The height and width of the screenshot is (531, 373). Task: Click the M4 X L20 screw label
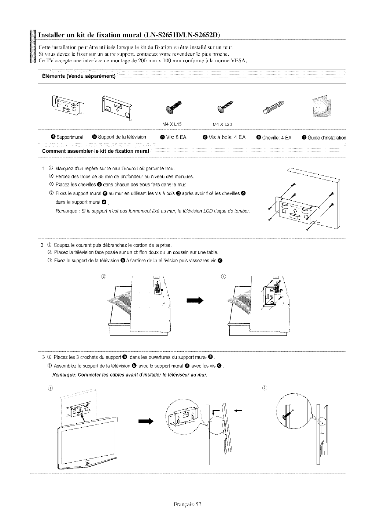(222, 124)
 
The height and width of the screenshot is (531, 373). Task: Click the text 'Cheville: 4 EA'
(277, 138)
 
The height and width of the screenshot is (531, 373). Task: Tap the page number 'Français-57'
(186, 504)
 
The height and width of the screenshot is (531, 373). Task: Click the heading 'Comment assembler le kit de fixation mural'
(95, 151)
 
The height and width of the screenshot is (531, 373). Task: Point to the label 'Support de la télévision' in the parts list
(122, 137)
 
